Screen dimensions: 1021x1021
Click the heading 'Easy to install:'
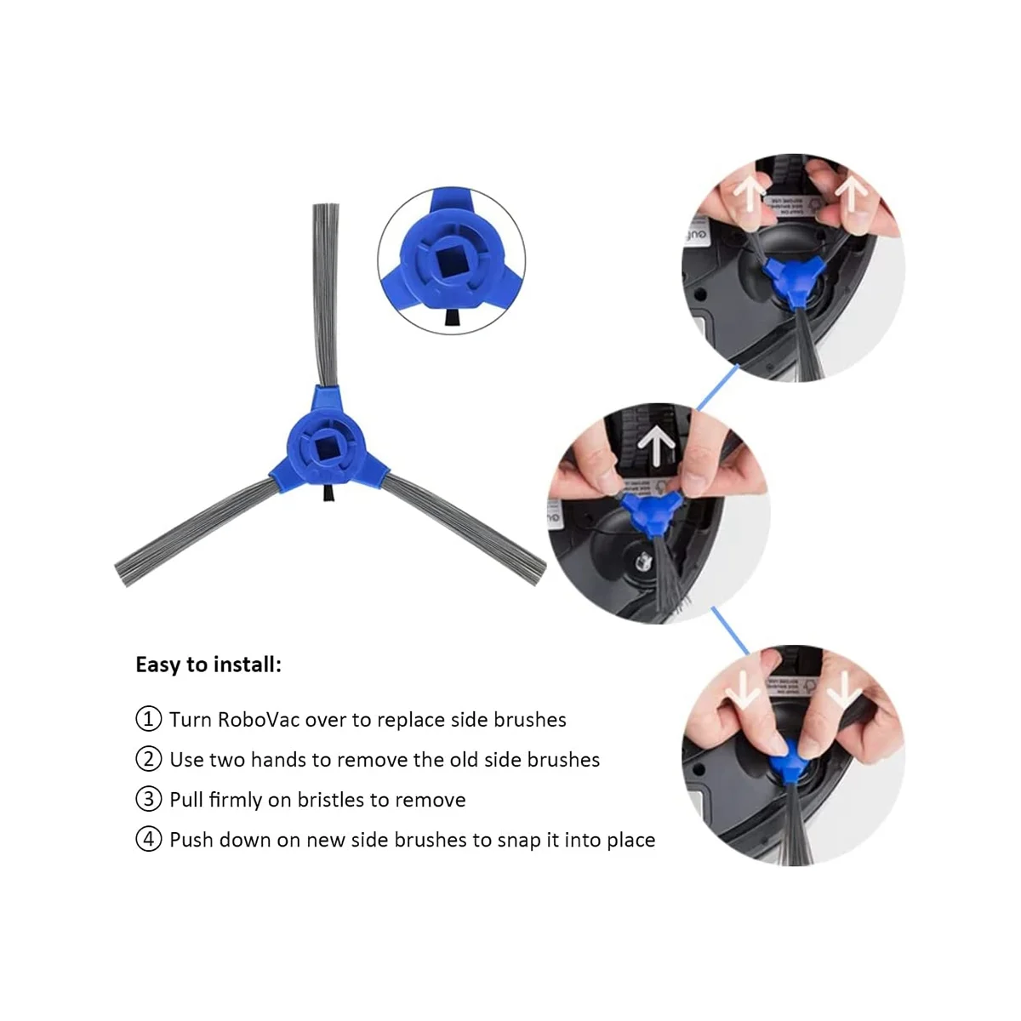point(208,665)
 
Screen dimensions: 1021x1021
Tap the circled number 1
point(148,719)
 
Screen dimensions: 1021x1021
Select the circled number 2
point(148,759)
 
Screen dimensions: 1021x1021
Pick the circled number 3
point(148,799)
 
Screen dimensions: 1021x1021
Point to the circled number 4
point(148,840)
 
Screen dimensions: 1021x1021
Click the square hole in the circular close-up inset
point(452,260)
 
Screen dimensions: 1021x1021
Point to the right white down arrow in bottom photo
point(844,690)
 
